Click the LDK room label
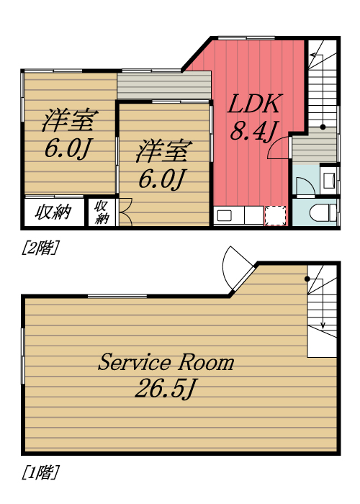pos(253,105)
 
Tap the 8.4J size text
pos(253,132)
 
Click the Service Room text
pos(166,362)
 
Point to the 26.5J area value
pos(166,390)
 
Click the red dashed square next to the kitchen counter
pos(275,215)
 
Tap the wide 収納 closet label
pos(54,212)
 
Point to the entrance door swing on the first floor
pos(236,266)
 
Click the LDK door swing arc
pos(278,148)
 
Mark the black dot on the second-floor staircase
pos(323,127)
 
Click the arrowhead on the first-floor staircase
pos(323,325)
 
